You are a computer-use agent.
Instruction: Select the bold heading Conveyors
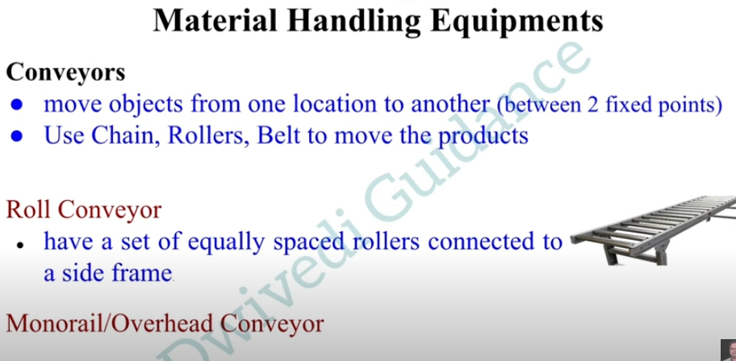pyautogui.click(x=65, y=73)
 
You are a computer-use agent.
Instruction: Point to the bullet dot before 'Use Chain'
pyautogui.click(x=17, y=136)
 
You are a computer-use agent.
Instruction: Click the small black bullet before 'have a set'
pyautogui.click(x=19, y=246)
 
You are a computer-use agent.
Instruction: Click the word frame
pyautogui.click(x=141, y=273)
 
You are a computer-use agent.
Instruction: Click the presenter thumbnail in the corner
pyautogui.click(x=729, y=350)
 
